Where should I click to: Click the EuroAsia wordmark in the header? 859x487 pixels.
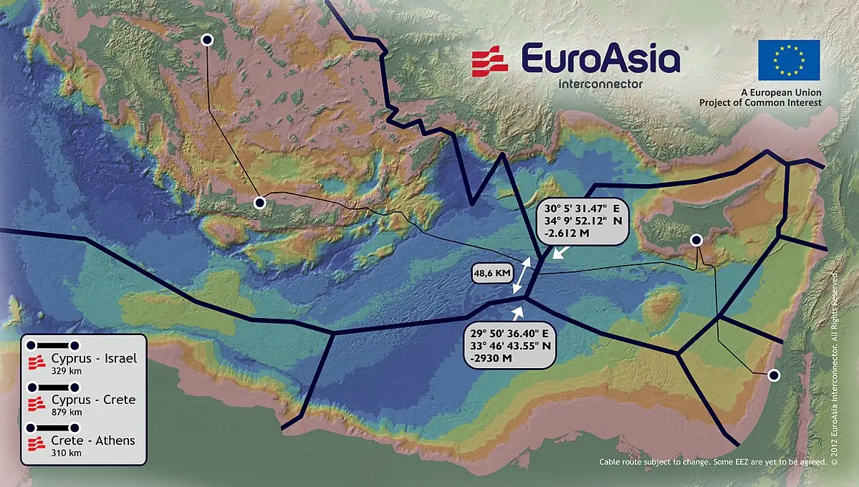600,58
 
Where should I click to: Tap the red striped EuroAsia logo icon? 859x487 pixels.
490,60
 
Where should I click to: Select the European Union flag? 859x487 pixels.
789,60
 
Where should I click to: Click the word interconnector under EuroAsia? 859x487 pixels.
600,83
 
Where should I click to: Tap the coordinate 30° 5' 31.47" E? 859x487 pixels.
582,208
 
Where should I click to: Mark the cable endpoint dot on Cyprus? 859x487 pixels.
695,240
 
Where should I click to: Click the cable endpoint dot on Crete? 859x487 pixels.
260,203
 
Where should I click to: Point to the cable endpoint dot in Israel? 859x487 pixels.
773,375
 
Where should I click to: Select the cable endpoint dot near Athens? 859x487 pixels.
207,40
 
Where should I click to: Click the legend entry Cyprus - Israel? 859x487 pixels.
93,359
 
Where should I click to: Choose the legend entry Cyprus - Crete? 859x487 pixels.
93,400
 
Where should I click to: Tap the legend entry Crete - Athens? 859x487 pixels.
93,440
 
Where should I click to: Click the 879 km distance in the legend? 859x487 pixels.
67,412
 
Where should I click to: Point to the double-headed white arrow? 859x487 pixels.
522,274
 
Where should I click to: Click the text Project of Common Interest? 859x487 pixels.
760,103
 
